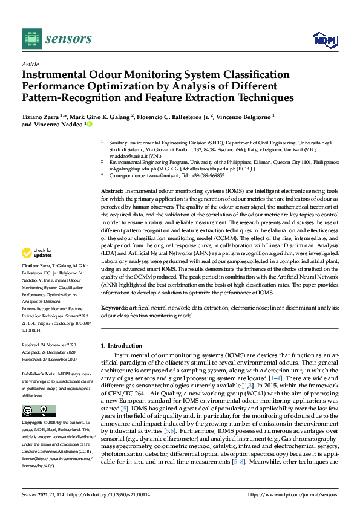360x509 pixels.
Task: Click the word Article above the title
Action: click(30, 65)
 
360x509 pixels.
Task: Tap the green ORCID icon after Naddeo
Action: click(90, 124)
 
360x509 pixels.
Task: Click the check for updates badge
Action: click(37, 253)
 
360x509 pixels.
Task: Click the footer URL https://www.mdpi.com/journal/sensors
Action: click(300, 495)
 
